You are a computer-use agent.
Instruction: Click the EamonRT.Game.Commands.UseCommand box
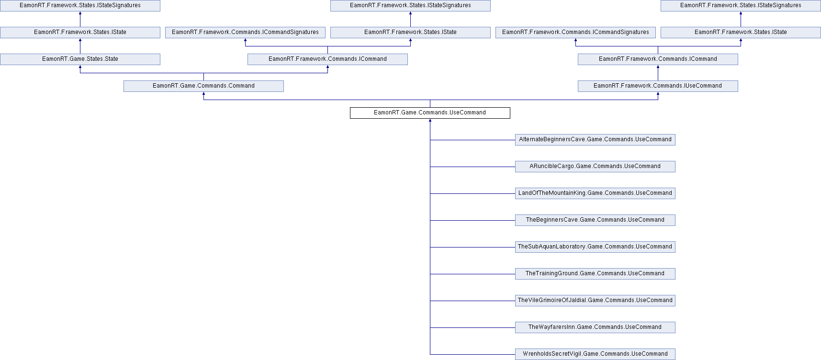pos(430,113)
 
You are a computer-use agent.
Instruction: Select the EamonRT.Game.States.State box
pos(80,59)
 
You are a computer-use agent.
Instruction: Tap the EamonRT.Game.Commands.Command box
pos(203,86)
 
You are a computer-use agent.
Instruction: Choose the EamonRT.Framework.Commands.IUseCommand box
pos(658,86)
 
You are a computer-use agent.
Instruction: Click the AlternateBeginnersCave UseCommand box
pos(595,140)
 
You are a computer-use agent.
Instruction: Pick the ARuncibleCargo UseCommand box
pos(595,167)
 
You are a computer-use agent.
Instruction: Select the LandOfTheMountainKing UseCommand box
pos(595,193)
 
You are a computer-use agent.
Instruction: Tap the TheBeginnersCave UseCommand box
pos(595,220)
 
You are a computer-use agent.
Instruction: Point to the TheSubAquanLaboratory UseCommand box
pos(595,247)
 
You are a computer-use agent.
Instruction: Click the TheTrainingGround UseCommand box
pos(595,274)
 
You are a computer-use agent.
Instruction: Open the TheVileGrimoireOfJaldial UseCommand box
pos(595,301)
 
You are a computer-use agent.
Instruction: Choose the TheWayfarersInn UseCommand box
pos(595,327)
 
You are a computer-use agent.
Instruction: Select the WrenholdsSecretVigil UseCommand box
pos(595,354)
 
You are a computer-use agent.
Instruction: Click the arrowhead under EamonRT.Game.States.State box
pos(80,67)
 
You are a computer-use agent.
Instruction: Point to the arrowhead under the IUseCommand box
pos(658,94)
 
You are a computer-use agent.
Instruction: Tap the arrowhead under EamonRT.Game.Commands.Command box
pos(203,94)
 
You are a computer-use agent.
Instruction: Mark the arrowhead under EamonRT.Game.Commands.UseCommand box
pos(430,121)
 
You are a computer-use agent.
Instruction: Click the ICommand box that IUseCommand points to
pos(658,59)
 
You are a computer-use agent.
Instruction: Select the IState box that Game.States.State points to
pos(80,33)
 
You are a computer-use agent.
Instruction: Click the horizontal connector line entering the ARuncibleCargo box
pos(472,167)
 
